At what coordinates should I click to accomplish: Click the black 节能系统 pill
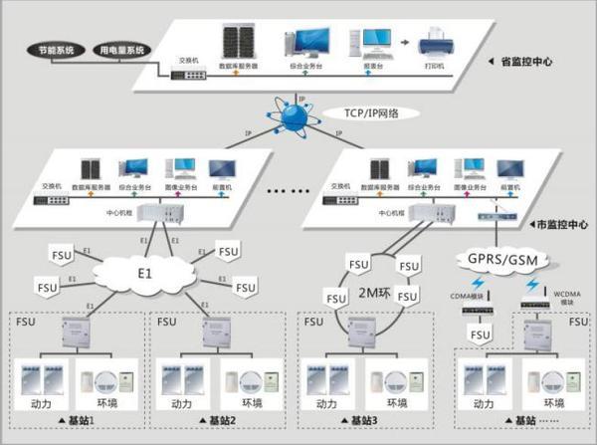(45, 49)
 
